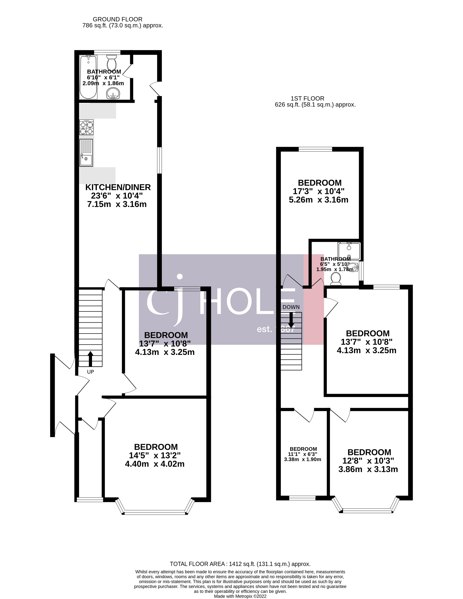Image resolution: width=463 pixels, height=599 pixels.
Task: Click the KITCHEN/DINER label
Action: tap(118, 187)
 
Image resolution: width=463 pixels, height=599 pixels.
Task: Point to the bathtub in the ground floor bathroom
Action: tap(88, 77)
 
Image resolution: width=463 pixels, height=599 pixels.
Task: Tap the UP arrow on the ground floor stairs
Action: tap(90, 359)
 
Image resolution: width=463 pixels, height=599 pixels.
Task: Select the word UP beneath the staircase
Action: tap(90, 372)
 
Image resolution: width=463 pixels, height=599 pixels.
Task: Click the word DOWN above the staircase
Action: tap(291, 307)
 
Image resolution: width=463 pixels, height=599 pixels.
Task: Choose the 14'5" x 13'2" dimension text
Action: tap(155, 455)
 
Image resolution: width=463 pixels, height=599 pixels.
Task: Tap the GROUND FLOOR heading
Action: tap(117, 19)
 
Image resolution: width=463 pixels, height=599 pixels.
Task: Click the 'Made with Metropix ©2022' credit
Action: tap(240, 596)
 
